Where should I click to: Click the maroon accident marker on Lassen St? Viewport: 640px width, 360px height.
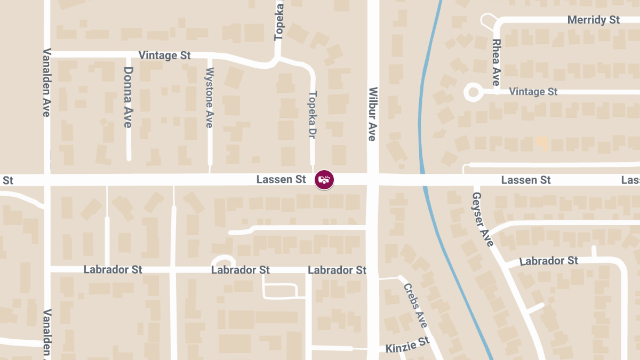324,180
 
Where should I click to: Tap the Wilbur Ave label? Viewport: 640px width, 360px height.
372,114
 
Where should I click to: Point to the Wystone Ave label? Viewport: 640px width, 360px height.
210,98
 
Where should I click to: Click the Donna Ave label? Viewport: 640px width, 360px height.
128,97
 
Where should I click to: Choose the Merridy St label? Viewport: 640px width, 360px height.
593,20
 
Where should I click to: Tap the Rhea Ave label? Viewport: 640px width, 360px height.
496,62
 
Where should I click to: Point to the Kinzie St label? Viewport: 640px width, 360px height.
407,345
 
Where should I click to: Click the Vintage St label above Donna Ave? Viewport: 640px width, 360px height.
164,55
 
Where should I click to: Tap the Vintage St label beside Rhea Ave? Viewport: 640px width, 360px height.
533,92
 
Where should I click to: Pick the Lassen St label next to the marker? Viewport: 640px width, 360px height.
281,180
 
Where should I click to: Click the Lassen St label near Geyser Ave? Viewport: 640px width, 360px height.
526,180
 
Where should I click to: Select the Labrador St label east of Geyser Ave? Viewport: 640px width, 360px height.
549,261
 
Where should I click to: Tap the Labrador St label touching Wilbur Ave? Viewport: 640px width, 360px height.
337,270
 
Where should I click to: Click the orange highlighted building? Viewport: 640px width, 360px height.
542,142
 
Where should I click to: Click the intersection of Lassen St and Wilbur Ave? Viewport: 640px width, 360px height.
373,180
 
